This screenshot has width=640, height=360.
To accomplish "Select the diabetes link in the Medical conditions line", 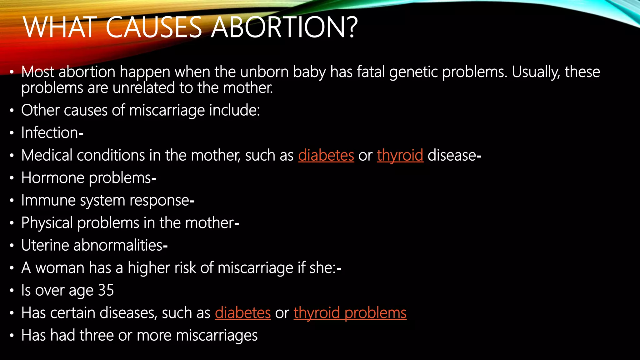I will pos(326,155).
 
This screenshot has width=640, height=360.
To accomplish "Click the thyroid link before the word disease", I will pos(400,155).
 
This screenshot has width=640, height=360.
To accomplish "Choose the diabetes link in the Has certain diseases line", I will pos(243,313).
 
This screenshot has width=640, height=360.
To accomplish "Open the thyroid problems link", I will pos(350,313).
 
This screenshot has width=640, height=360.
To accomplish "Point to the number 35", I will pos(106,290).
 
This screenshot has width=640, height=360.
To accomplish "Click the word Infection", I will pos(50,132).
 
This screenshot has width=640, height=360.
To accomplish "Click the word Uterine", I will pos(45,245).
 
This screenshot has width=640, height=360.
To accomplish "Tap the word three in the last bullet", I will pos(96,335).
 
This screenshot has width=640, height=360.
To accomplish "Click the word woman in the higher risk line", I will pos(60,268).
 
